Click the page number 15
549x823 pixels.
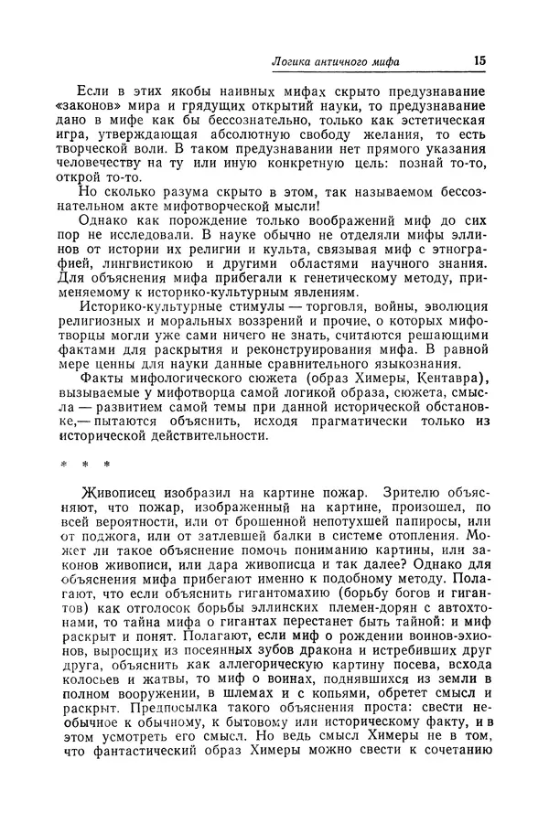coord(480,61)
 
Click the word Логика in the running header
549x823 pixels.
coord(298,62)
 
